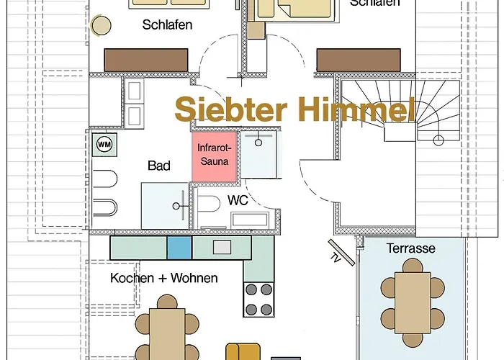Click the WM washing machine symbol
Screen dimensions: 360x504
point(103,143)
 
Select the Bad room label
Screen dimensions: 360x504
point(159,166)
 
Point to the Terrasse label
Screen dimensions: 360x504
point(411,248)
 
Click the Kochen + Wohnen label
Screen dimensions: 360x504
point(164,278)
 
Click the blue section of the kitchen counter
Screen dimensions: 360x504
point(179,248)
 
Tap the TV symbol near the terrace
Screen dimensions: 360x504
point(336,253)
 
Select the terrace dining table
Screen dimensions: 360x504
point(412,302)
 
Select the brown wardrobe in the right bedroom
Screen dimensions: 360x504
point(359,60)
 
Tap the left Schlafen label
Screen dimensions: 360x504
point(167,25)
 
